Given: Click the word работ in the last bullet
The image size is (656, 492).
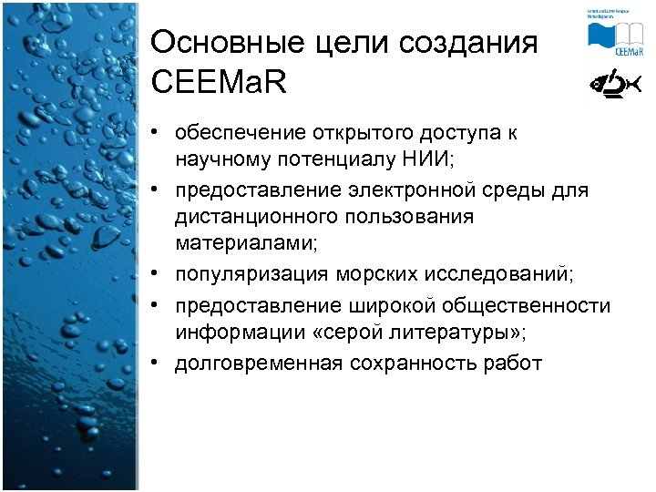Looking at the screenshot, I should click(x=515, y=364).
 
